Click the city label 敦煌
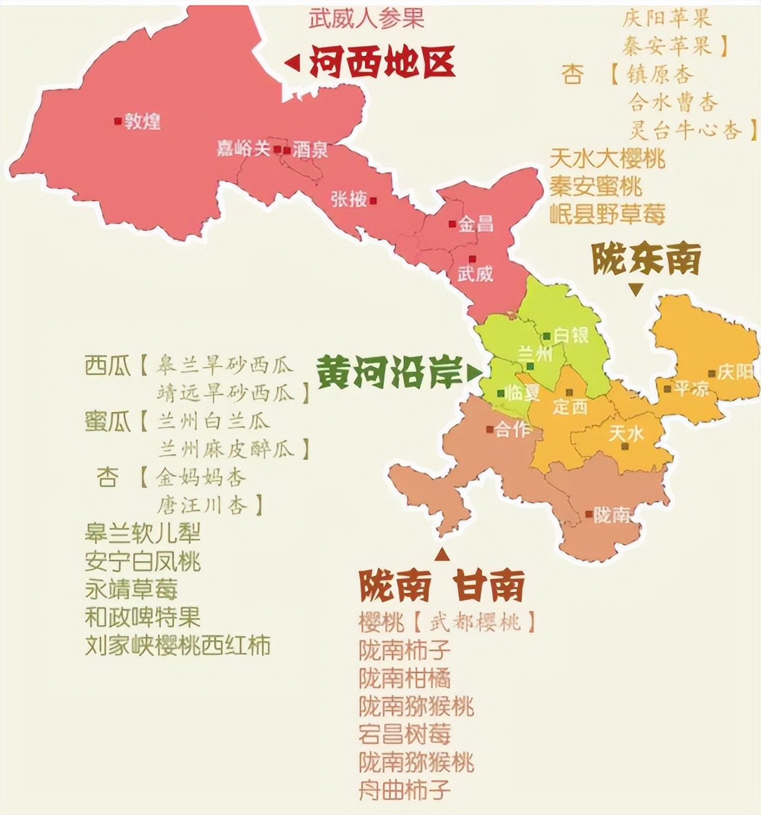(x=143, y=122)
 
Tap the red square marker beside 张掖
(x=373, y=200)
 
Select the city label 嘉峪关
(x=243, y=149)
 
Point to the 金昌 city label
(x=476, y=224)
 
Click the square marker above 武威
(x=472, y=259)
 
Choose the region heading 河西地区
(x=382, y=62)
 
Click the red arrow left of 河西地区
(x=292, y=62)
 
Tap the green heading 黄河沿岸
(x=389, y=373)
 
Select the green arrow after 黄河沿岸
(x=473, y=373)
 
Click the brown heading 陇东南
(x=646, y=259)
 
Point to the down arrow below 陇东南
(x=636, y=290)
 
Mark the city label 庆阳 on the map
(x=735, y=373)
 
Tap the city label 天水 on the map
(x=626, y=432)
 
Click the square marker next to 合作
(x=489, y=429)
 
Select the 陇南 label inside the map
(x=611, y=515)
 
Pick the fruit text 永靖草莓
(x=131, y=589)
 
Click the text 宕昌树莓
(x=405, y=734)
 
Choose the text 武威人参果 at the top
(x=366, y=18)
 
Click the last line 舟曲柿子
(x=405, y=790)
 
